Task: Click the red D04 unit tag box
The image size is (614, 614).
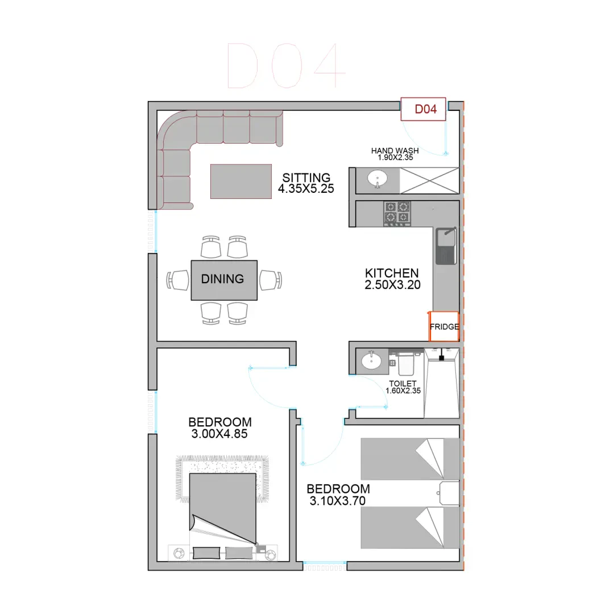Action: click(424, 109)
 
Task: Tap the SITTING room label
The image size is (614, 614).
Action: click(306, 177)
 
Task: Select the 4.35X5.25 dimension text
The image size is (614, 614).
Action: click(306, 188)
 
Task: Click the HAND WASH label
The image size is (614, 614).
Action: click(395, 150)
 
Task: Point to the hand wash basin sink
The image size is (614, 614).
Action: click(377, 179)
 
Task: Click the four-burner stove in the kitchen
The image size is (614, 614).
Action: click(397, 213)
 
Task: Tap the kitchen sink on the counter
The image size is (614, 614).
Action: click(446, 246)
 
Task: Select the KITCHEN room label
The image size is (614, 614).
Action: click(392, 273)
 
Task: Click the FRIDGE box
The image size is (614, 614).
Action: click(444, 326)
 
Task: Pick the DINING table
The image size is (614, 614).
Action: click(224, 280)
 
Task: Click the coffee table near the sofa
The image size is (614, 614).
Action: click(241, 181)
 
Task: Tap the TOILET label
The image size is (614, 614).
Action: click(403, 384)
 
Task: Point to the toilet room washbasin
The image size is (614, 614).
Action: click(371, 360)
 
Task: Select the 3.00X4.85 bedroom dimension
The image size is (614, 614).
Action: click(219, 434)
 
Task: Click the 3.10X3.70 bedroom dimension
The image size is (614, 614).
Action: click(338, 501)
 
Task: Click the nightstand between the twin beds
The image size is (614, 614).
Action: click(449, 493)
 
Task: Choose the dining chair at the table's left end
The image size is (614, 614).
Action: click(178, 280)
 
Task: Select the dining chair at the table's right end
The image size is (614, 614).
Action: click(271, 280)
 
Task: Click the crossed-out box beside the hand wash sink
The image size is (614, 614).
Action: click(429, 181)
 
